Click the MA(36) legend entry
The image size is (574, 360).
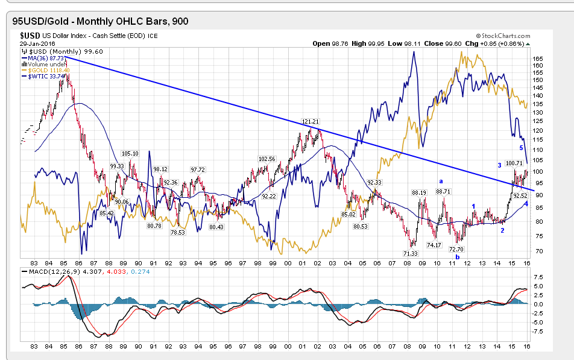46,58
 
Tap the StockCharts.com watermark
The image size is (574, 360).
503,36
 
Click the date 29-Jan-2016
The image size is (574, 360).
37,43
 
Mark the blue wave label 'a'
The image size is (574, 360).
441,180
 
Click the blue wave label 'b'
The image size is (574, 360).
457,257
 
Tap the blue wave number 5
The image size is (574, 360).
521,148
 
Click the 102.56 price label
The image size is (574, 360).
267,159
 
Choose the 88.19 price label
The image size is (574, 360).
420,192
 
